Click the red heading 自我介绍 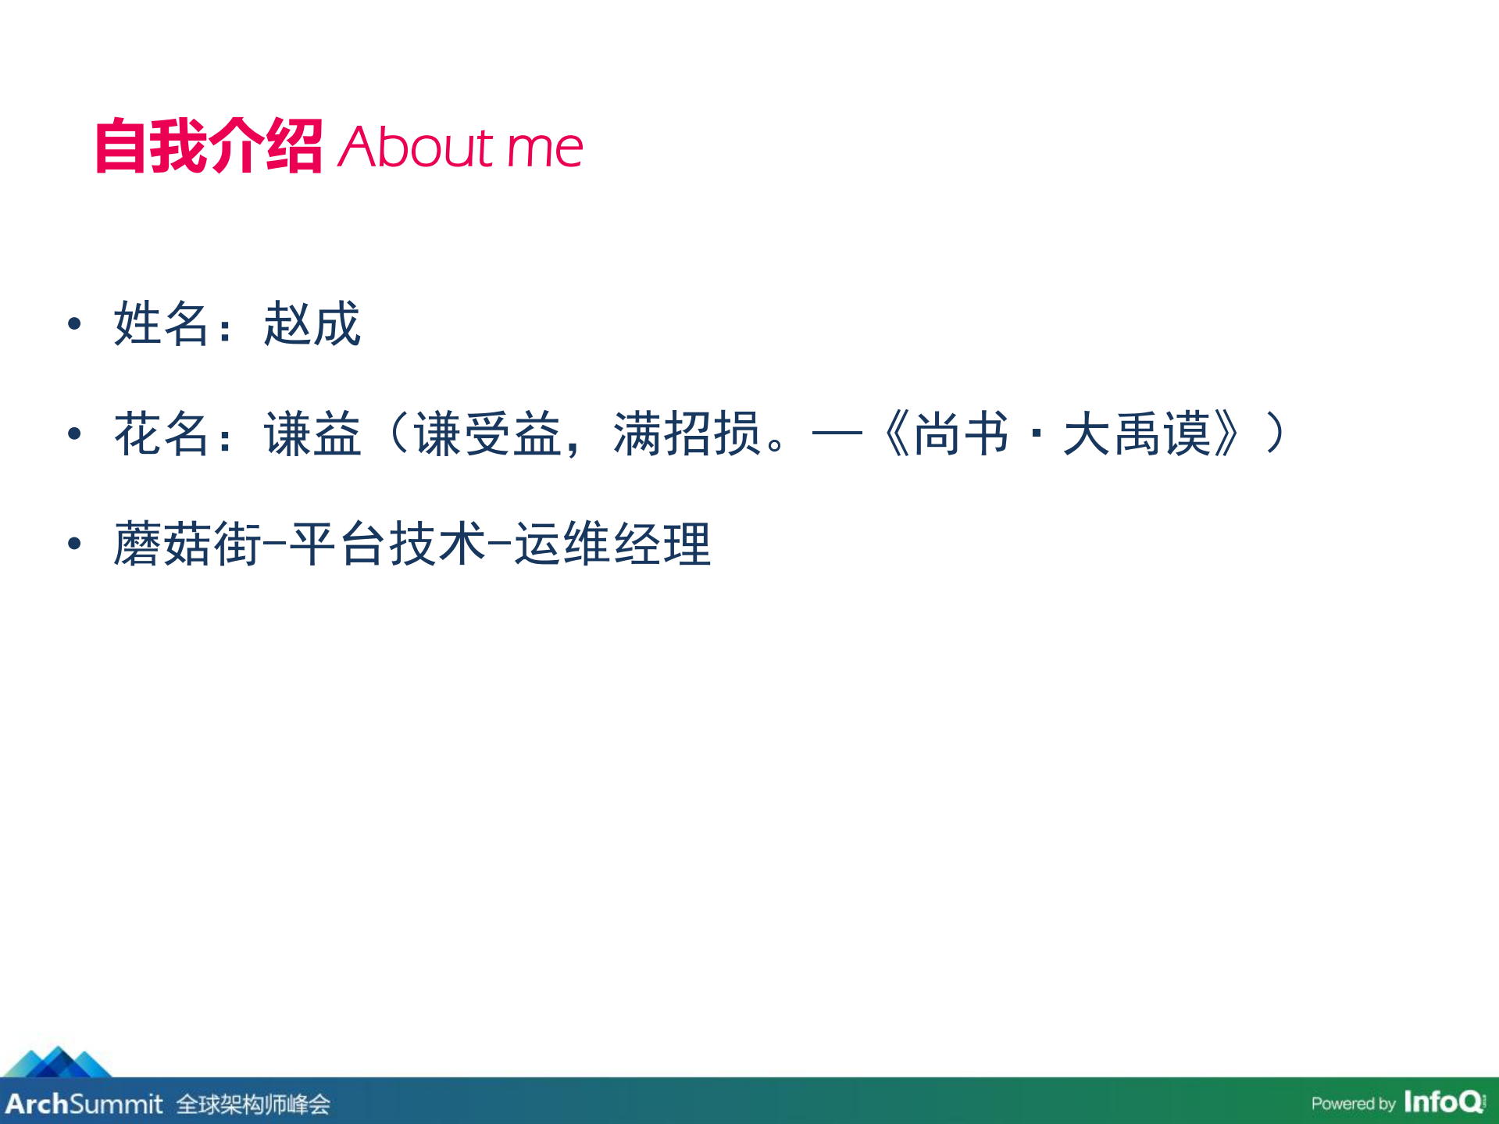pyautogui.click(x=208, y=146)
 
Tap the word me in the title pyautogui.click(x=544, y=148)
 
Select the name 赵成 pyautogui.click(x=312, y=323)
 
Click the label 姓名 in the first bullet pyautogui.click(x=162, y=323)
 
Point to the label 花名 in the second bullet pyautogui.click(x=162, y=434)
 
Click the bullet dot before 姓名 pyautogui.click(x=74, y=323)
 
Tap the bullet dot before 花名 pyautogui.click(x=74, y=434)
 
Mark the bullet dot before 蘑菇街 pyautogui.click(x=74, y=544)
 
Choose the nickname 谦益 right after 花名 pyautogui.click(x=312, y=434)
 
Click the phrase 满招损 pyautogui.click(x=687, y=434)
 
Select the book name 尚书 pyautogui.click(x=961, y=434)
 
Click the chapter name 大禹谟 pyautogui.click(x=1137, y=434)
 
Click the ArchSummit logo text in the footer pyautogui.click(x=84, y=1104)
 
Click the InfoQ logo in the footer pyautogui.click(x=1444, y=1101)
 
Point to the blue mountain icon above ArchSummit pyautogui.click(x=57, y=1062)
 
